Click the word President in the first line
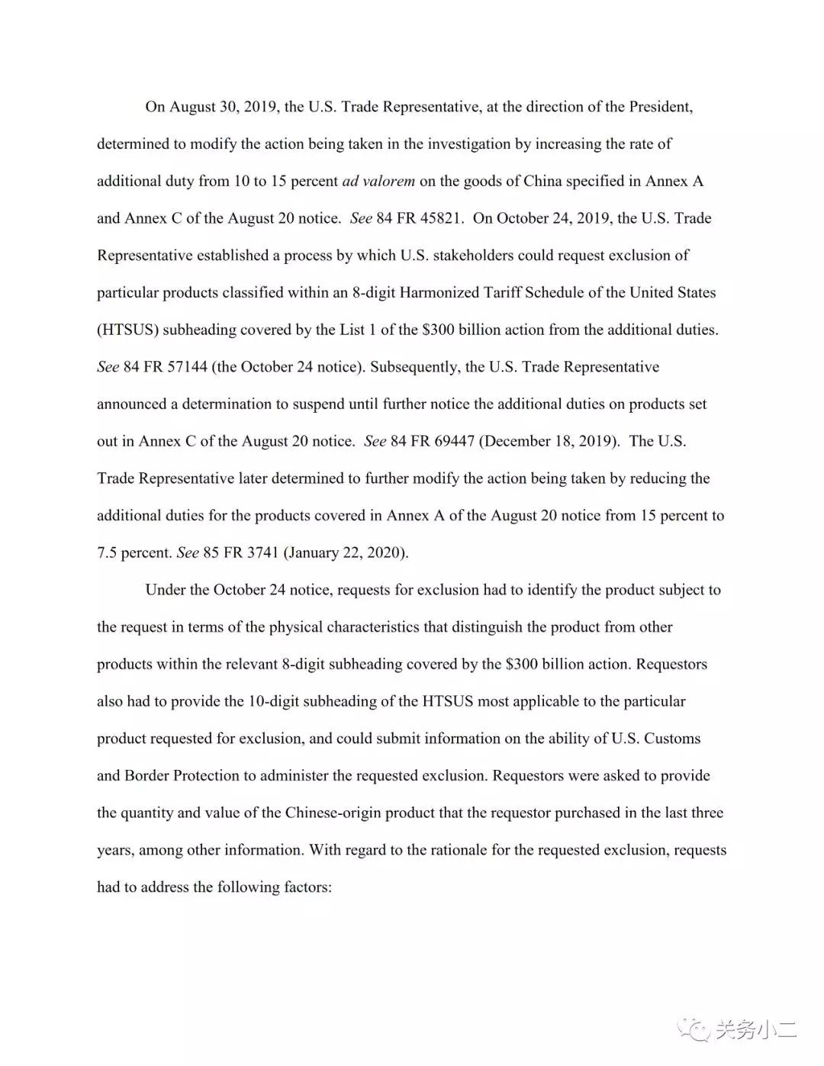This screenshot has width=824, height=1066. click(x=659, y=107)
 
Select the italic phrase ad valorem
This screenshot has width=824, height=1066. click(x=378, y=182)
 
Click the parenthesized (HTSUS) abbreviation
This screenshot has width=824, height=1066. click(x=127, y=330)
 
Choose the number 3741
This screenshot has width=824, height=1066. click(x=262, y=552)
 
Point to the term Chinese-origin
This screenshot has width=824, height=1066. click(x=333, y=813)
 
